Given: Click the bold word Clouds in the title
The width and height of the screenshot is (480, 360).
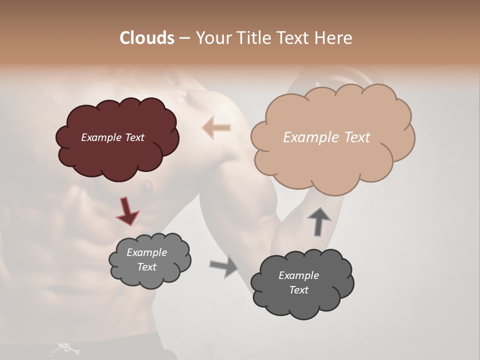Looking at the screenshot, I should tap(147, 38).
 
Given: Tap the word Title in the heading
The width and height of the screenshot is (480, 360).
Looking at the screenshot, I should tap(254, 38).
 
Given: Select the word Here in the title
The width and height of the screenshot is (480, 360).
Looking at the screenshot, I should tap(334, 38).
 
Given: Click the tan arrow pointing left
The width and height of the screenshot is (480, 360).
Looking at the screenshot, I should tap(216, 128).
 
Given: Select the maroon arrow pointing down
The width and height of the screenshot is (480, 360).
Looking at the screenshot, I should tap(127, 210).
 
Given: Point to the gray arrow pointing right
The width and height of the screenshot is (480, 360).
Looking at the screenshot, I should tap(224, 266).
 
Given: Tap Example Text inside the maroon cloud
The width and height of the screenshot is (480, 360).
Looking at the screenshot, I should tap(112, 137).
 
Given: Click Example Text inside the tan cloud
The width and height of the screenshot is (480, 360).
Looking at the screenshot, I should tap(326, 137).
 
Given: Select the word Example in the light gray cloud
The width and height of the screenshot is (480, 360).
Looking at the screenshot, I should tap(146, 252).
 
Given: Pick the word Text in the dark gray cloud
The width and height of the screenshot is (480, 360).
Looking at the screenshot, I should tap(298, 290).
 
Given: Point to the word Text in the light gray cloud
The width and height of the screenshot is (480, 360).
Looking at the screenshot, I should tap(146, 267).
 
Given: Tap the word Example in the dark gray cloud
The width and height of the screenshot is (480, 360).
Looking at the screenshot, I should tap(298, 275).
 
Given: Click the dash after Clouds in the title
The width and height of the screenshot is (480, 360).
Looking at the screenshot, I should tap(184, 38).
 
